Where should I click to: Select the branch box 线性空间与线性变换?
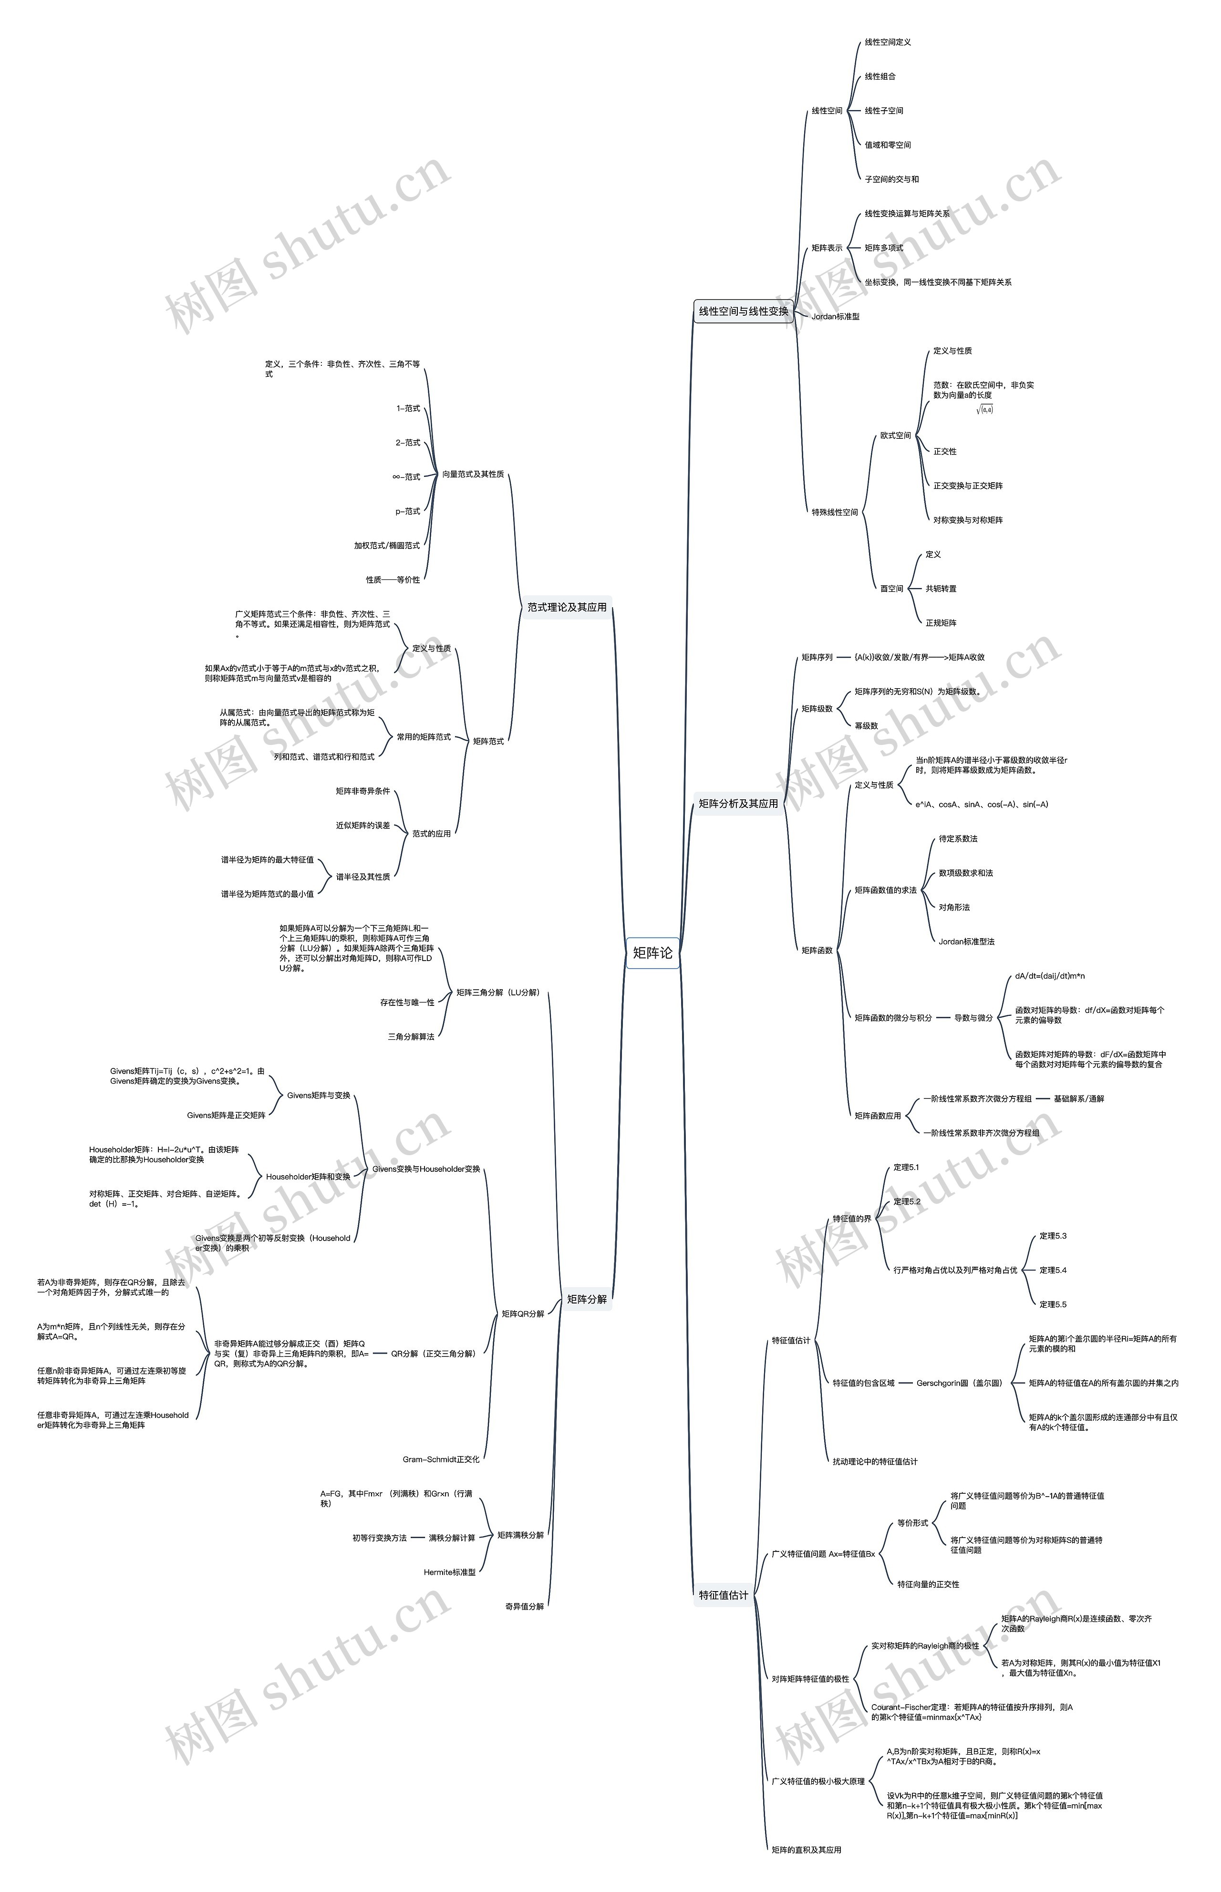743,311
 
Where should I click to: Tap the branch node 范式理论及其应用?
567,607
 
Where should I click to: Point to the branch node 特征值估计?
723,1595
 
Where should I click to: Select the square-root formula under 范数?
985,410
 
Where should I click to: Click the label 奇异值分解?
524,1607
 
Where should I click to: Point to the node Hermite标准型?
450,1572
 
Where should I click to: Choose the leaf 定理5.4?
1053,1270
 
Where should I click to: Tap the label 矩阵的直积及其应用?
807,1849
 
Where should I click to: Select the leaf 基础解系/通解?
1078,1098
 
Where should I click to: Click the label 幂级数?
866,725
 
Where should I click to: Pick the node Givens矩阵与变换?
318,1096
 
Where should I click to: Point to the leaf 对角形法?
954,907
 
